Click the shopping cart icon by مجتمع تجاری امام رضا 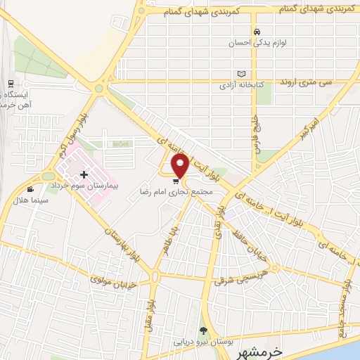175,180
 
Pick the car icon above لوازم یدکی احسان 258,32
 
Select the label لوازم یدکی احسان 246,42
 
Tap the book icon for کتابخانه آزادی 242,74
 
